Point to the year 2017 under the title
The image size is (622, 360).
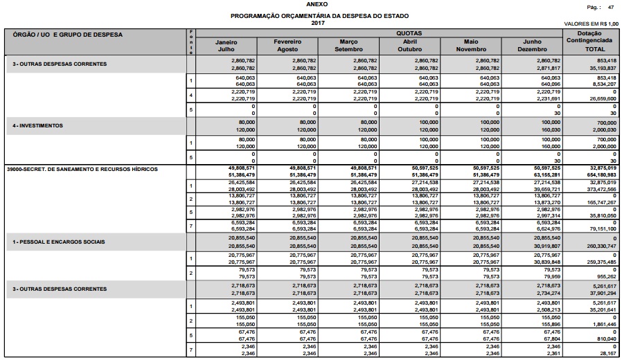[x=318, y=24]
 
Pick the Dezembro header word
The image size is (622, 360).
[x=537, y=49]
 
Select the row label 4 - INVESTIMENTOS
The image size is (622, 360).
[x=38, y=125]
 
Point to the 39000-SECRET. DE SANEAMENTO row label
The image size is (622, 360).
[x=82, y=169]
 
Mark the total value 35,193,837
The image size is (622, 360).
[x=603, y=69]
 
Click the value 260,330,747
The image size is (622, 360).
[x=602, y=246]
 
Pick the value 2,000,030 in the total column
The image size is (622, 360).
[x=603, y=129]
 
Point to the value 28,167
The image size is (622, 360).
[x=607, y=352]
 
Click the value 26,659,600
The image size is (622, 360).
[x=603, y=99]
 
